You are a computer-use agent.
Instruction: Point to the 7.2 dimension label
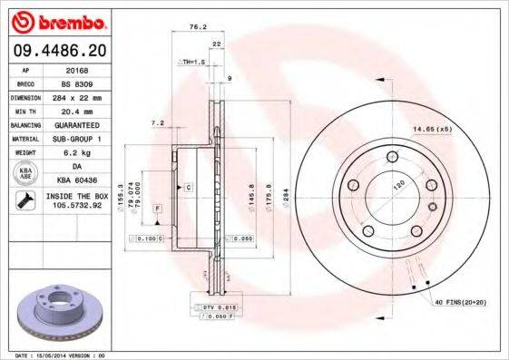pos(157,123)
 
